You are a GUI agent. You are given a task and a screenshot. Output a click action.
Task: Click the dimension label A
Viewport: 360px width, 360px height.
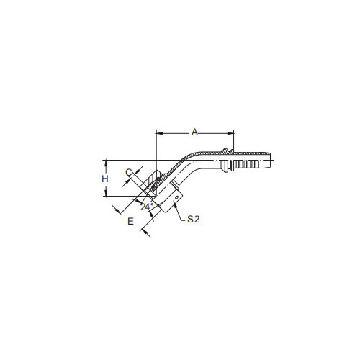[194, 132]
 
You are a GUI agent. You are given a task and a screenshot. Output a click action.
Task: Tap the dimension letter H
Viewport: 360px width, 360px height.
[105, 179]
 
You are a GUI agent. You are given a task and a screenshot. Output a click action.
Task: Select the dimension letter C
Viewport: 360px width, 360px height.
[129, 172]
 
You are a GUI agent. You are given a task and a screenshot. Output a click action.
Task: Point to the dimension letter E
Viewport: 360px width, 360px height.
[130, 221]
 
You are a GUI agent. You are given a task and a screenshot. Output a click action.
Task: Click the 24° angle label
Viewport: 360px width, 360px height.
[147, 207]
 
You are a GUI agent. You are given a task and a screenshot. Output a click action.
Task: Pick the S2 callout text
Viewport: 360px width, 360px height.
[194, 219]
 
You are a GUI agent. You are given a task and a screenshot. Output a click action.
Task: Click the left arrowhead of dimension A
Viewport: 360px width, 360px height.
[159, 132]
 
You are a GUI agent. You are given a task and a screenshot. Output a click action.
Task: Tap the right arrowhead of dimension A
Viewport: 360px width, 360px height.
[230, 132]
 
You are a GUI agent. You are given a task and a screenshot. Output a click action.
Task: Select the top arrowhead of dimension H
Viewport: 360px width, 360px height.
[106, 163]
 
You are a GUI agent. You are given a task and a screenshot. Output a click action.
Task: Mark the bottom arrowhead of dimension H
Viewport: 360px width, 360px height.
[106, 193]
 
